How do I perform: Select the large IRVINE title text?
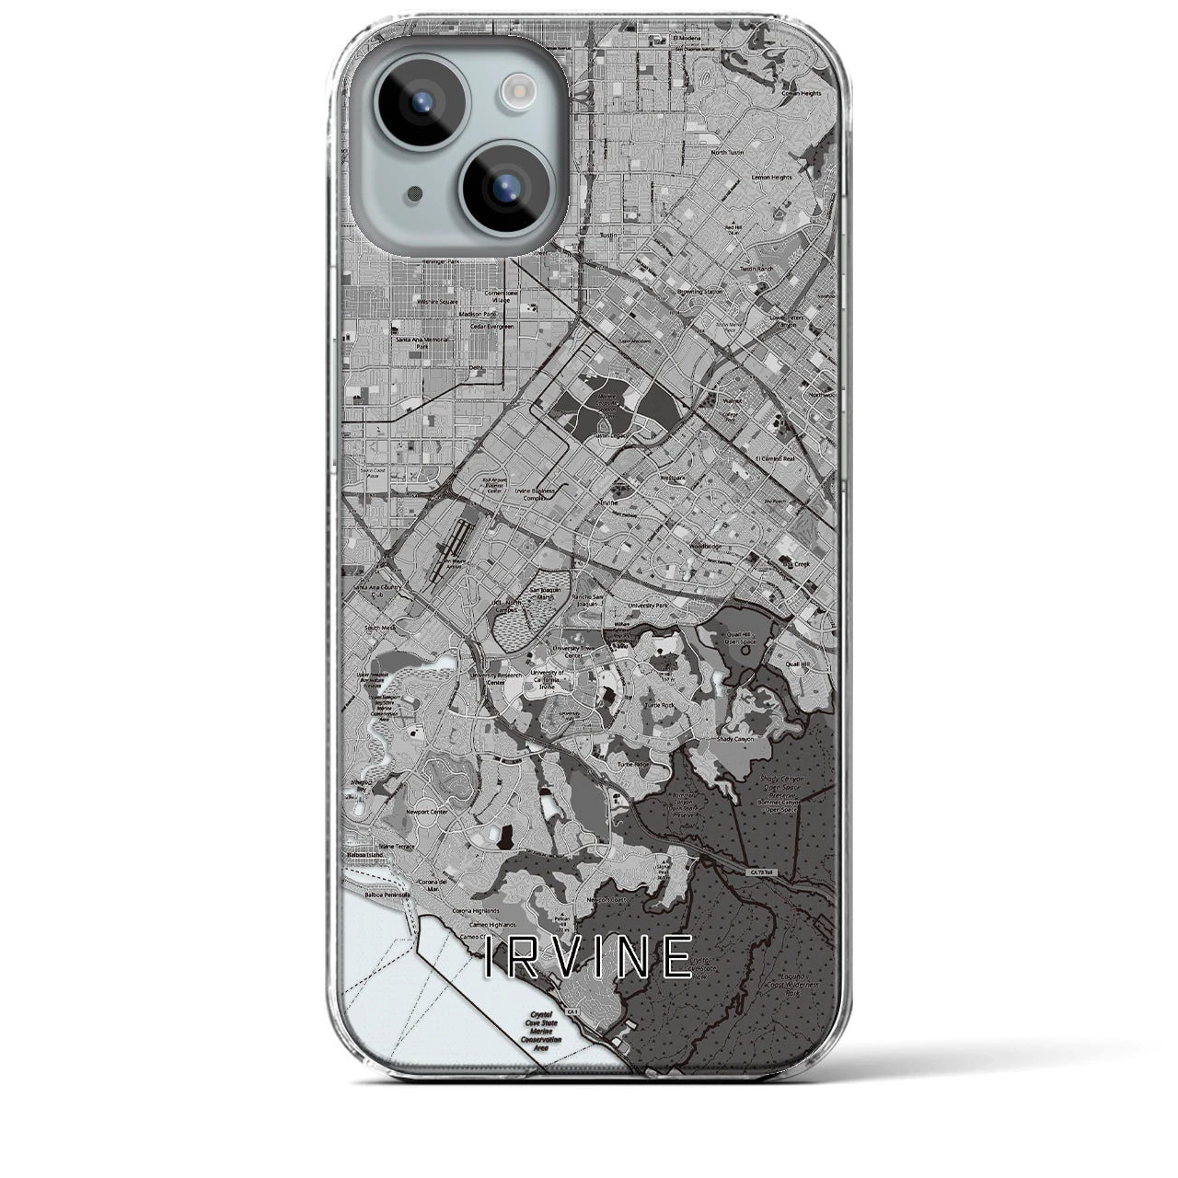588,958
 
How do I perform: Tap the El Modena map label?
687,38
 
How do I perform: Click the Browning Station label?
700,292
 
